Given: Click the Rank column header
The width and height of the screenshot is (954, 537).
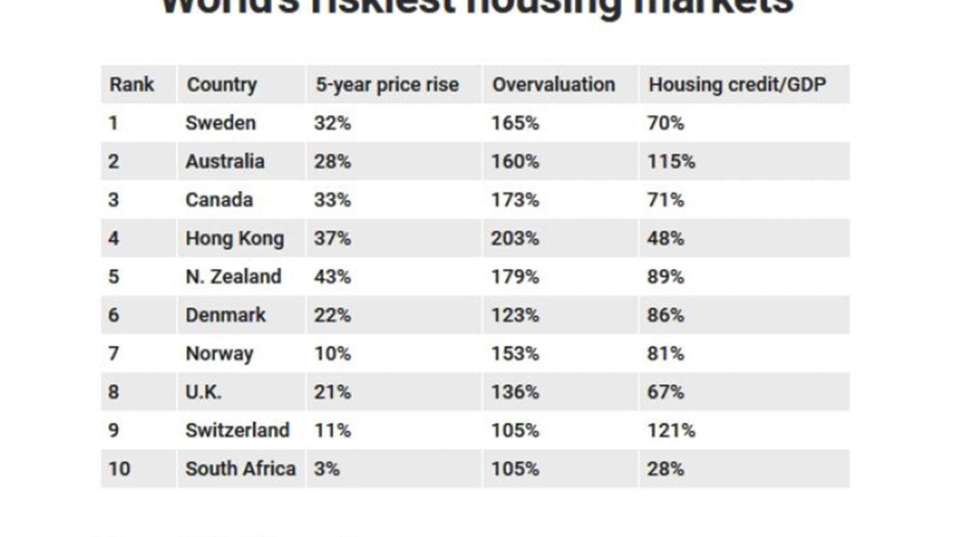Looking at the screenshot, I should point(131,85).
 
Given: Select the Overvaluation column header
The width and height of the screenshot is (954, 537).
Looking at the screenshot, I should point(554,85).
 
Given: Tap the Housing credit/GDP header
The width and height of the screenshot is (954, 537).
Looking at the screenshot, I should point(737,85).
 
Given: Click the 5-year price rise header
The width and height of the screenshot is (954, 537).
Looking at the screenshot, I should point(387,85).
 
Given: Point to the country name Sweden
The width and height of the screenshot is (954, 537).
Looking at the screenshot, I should point(221,123).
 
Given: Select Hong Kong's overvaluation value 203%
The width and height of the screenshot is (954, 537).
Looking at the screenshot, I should point(515,238).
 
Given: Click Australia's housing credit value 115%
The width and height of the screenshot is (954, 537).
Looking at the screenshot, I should point(671,161).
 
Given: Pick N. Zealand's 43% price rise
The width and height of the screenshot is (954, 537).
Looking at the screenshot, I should point(332,276).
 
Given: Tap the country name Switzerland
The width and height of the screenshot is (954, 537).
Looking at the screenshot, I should point(237,430).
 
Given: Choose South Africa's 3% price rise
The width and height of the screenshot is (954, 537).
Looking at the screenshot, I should point(327,469).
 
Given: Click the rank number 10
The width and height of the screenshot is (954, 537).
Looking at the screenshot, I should point(119,469).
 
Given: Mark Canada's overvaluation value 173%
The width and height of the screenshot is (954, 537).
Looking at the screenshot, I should point(515,200).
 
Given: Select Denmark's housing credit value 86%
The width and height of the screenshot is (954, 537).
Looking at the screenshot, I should point(665,315).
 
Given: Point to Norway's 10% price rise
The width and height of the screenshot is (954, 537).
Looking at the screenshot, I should point(332,353).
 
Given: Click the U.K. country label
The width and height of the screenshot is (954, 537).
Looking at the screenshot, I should point(204,392).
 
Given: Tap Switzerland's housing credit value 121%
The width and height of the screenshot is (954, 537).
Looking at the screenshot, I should point(671,430).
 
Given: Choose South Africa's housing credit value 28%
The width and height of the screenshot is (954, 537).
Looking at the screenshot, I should point(665,469).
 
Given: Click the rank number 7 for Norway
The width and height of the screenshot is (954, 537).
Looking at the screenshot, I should point(113,353).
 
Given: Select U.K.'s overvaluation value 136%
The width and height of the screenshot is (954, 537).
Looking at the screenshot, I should point(515,392).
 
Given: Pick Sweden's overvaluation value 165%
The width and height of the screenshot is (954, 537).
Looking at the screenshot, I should point(515,123).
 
